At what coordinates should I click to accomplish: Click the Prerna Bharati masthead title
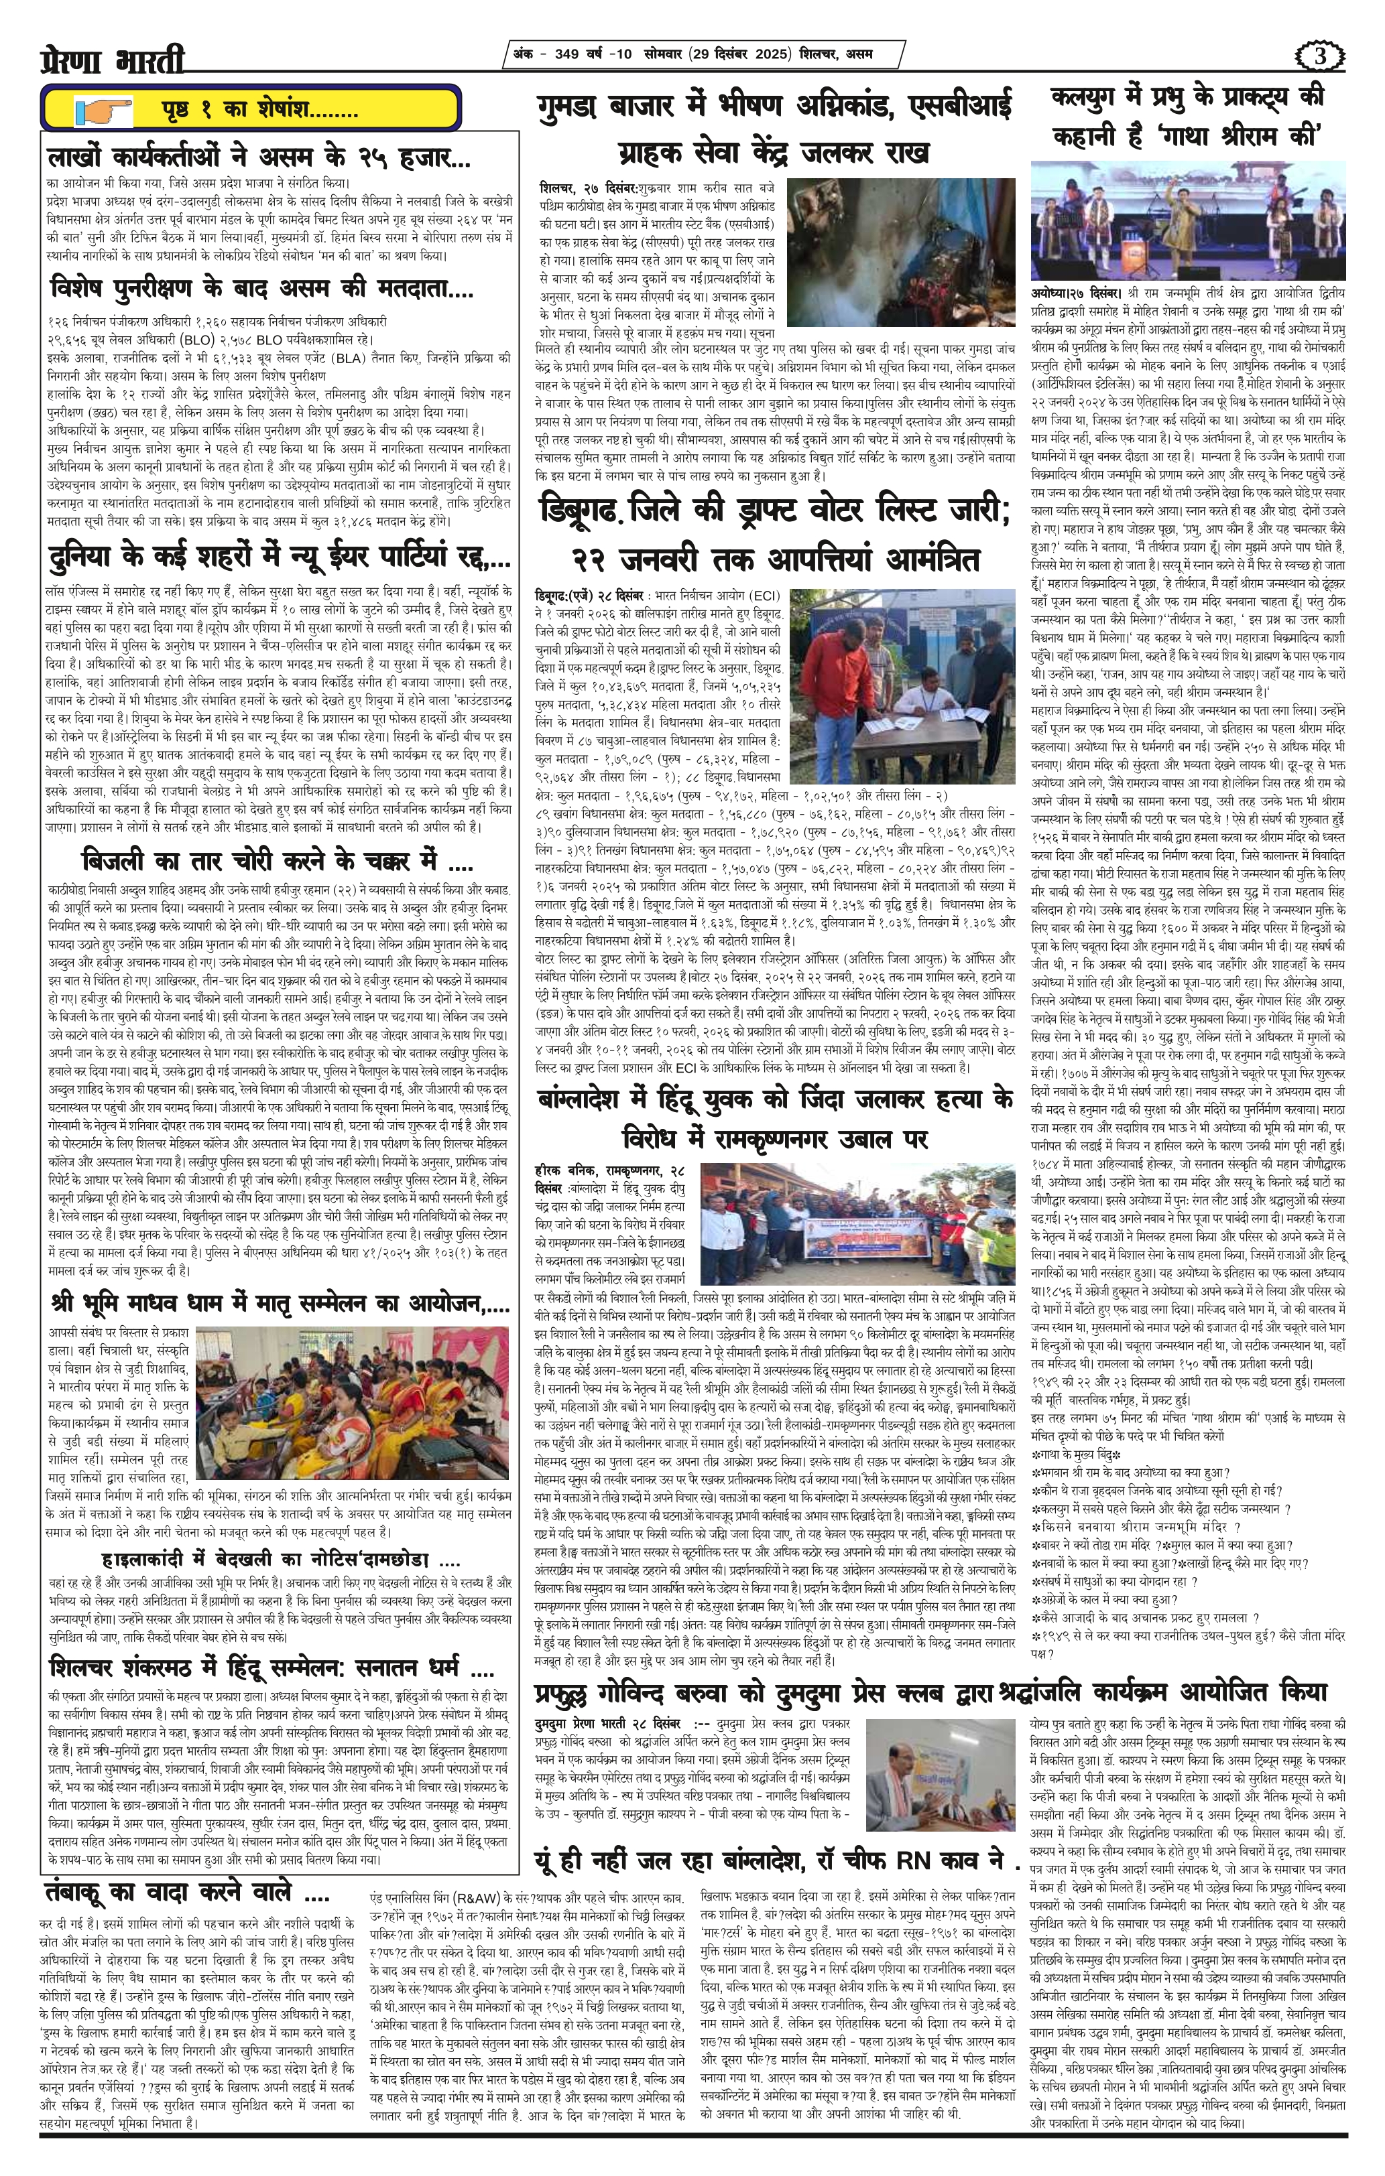point(113,59)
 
